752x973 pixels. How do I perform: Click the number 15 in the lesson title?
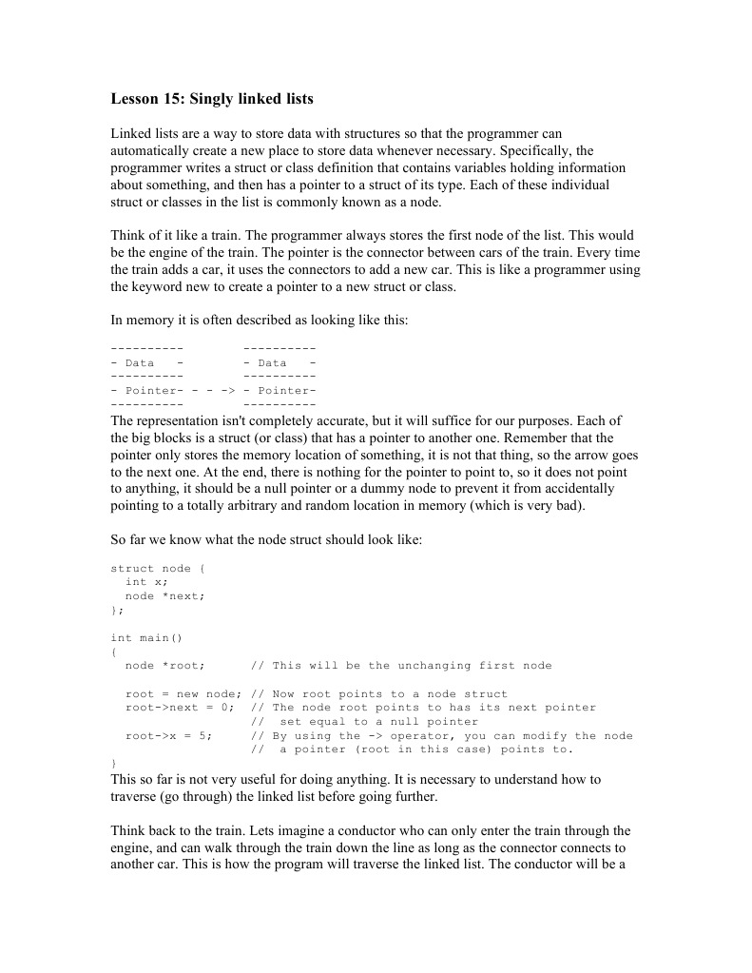pyautogui.click(x=171, y=99)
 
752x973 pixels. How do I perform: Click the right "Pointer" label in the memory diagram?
pyautogui.click(x=283, y=390)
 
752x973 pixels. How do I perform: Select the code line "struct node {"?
pyautogui.click(x=158, y=568)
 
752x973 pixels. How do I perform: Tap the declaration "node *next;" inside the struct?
pyautogui.click(x=164, y=595)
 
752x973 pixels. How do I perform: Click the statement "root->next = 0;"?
pyautogui.click(x=178, y=707)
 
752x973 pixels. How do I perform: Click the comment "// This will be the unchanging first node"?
pyautogui.click(x=400, y=665)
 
